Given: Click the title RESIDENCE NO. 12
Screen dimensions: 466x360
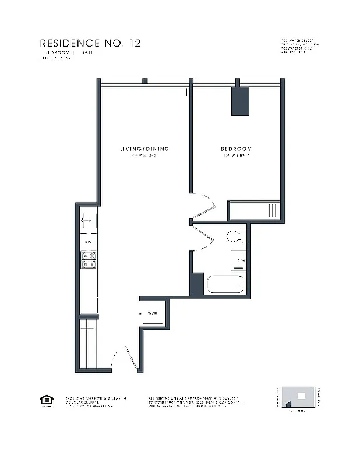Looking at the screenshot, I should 90,43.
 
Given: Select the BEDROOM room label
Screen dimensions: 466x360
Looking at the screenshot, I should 236,149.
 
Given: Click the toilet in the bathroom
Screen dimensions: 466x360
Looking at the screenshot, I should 237,236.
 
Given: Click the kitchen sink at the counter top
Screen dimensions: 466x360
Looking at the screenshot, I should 89,221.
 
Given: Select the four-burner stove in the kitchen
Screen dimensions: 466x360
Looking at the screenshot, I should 89,260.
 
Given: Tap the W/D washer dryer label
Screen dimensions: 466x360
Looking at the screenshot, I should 153,313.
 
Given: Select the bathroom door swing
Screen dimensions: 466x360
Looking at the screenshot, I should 203,238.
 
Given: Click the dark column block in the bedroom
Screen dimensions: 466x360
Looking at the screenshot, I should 240,101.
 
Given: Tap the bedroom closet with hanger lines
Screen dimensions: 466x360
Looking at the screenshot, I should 255,211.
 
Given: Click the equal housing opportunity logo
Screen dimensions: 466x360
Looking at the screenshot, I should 46,401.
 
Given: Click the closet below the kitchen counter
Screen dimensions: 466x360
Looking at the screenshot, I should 87,344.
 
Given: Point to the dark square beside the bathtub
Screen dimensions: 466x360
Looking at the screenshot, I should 197,284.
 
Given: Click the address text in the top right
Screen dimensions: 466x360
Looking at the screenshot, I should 299,46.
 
